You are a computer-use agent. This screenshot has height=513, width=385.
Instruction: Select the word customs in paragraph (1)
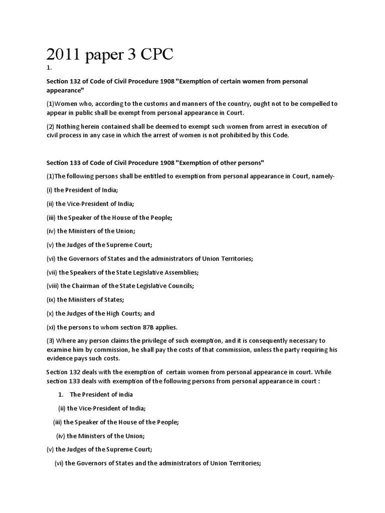point(134,104)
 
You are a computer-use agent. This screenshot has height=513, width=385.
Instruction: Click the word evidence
point(61,359)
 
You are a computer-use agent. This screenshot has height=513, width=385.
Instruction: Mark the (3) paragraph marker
point(51,341)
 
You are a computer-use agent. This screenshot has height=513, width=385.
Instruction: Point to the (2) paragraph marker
point(51,126)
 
